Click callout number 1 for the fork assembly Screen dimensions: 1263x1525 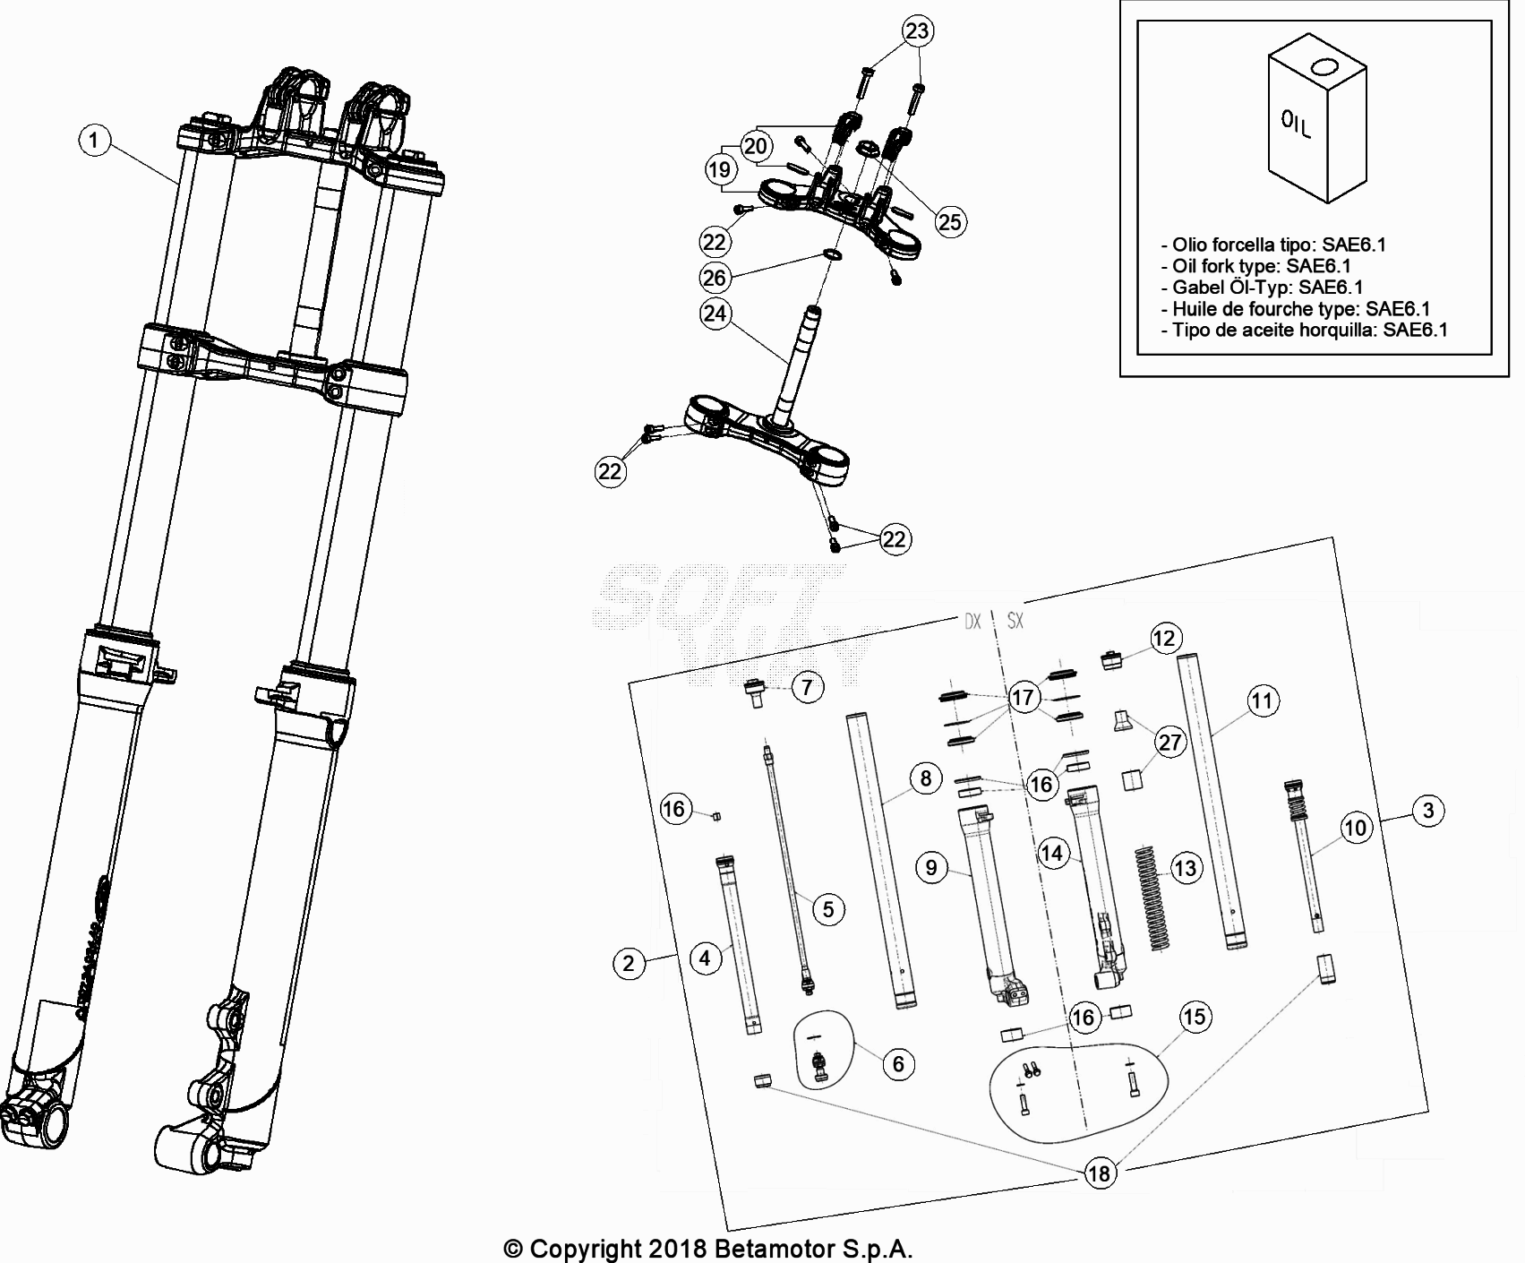[x=95, y=140]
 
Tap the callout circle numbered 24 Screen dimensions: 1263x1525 [x=715, y=314]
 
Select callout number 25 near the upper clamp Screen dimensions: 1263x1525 [x=949, y=221]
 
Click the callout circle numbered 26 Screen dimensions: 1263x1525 [x=714, y=278]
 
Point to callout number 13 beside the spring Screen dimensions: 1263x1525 [x=1185, y=868]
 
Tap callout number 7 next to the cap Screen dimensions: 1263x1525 [x=807, y=687]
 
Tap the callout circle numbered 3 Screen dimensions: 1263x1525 [x=1428, y=811]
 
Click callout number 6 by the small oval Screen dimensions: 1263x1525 [x=898, y=1064]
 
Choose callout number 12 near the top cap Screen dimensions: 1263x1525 [x=1164, y=639]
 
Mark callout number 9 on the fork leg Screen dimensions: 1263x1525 [x=931, y=867]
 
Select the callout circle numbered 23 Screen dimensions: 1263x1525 [x=917, y=31]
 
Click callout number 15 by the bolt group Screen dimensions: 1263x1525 [x=1195, y=1017]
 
